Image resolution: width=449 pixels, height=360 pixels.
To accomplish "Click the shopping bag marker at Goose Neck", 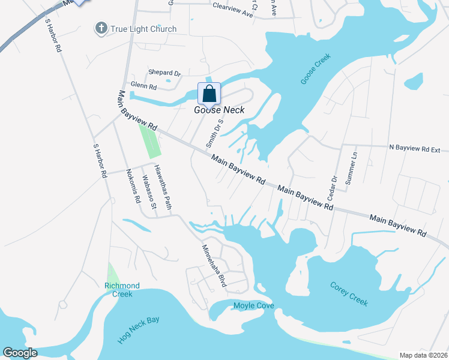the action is (209, 94).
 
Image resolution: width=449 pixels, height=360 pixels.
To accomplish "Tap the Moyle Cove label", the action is (253, 306).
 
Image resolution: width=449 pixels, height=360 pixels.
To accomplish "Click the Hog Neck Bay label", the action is (139, 329).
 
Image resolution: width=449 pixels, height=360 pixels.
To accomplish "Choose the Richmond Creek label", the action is (122, 290).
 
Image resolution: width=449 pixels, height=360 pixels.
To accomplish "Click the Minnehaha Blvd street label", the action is (212, 265).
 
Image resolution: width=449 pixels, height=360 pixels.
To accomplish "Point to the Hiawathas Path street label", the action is (163, 188).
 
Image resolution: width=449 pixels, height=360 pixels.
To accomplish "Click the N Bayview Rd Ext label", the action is (415, 147).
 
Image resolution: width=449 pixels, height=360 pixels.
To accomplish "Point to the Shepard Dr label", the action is (164, 73).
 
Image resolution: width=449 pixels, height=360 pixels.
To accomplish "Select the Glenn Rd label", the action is (144, 86).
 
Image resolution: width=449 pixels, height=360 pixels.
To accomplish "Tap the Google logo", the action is (20, 353).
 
